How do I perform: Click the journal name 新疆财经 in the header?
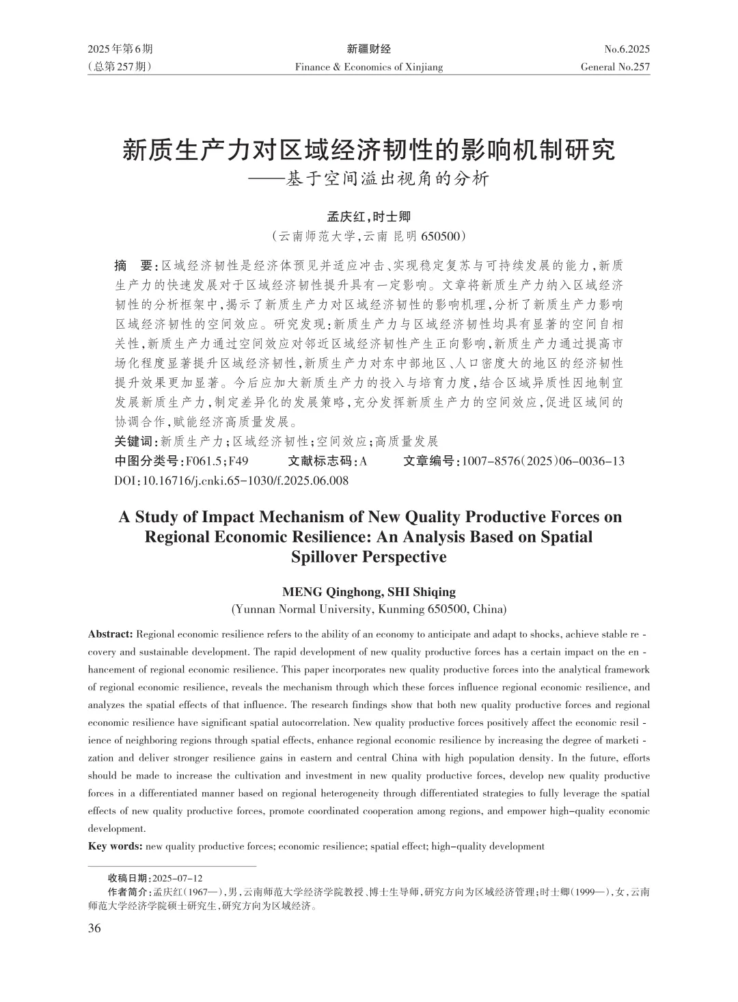368,49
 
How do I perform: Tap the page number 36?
94,927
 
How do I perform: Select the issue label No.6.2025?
627,49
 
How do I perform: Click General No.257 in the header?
615,67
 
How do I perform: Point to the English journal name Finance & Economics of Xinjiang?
368,67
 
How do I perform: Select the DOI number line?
231,480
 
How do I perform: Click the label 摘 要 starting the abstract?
135,265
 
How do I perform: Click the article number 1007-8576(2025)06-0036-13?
543,461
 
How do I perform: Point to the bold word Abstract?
111,634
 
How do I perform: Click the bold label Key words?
115,846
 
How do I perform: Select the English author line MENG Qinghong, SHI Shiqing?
368,592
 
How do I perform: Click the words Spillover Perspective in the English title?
368,556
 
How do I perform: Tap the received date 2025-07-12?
178,878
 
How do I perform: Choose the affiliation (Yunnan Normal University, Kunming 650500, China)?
368,609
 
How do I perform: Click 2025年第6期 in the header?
120,49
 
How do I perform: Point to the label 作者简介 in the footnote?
128,893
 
